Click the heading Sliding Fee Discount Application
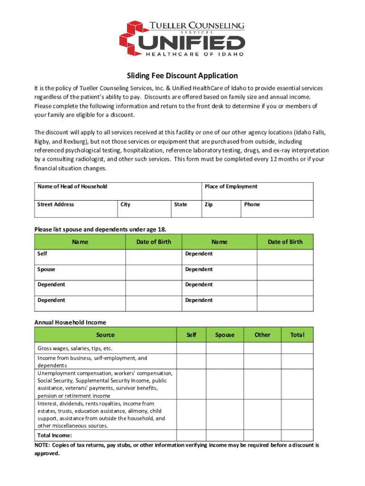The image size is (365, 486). click(182, 76)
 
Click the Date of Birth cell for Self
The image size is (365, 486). click(154, 257)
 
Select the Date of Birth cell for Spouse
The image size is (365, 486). click(154, 272)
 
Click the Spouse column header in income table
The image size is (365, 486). click(225, 335)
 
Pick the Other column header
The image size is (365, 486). click(262, 335)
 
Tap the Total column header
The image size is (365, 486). click(297, 335)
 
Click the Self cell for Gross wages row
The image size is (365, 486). click(191, 348)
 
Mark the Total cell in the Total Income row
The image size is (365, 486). click(297, 435)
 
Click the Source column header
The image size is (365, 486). click(105, 335)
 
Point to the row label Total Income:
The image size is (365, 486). click(55, 435)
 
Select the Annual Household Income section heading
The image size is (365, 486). click(70, 322)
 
